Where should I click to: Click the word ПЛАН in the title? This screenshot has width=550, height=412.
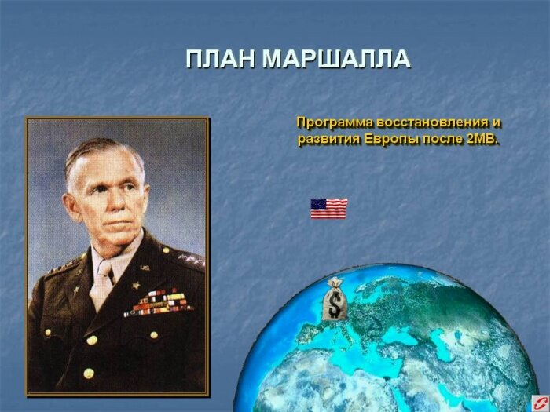(x=221, y=59)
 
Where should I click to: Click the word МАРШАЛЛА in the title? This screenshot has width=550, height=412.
(x=336, y=59)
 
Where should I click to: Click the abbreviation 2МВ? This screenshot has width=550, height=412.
(x=483, y=140)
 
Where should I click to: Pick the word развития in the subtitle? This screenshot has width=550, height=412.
(x=330, y=140)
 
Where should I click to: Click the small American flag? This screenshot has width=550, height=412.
(x=328, y=208)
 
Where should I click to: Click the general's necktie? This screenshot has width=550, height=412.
(x=102, y=283)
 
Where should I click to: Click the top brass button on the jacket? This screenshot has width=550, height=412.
(x=93, y=340)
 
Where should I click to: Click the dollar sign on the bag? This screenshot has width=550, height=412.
(x=335, y=304)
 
